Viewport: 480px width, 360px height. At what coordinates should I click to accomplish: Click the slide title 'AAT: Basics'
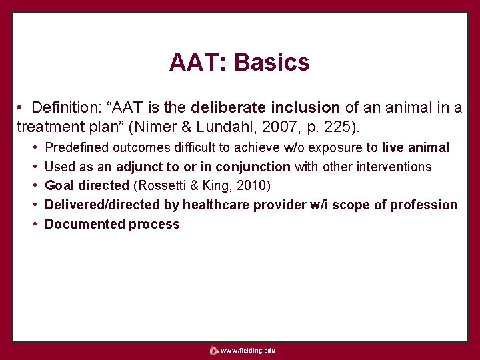pos(239,63)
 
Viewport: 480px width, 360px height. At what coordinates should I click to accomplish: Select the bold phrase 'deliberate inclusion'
pos(265,107)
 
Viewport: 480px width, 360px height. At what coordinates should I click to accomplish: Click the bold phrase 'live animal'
pos(415,147)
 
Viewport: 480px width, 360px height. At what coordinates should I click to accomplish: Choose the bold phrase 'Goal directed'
pos(86,186)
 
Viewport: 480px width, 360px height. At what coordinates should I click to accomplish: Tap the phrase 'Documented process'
pos(112,225)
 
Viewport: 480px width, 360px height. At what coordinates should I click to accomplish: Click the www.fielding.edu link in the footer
pos(247,350)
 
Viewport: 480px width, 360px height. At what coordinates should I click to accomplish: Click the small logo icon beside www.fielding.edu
pos(213,350)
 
